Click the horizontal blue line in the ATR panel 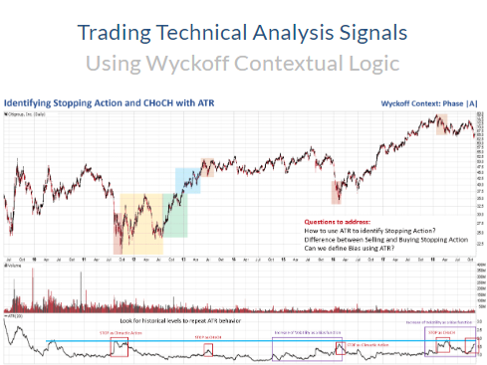249,341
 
